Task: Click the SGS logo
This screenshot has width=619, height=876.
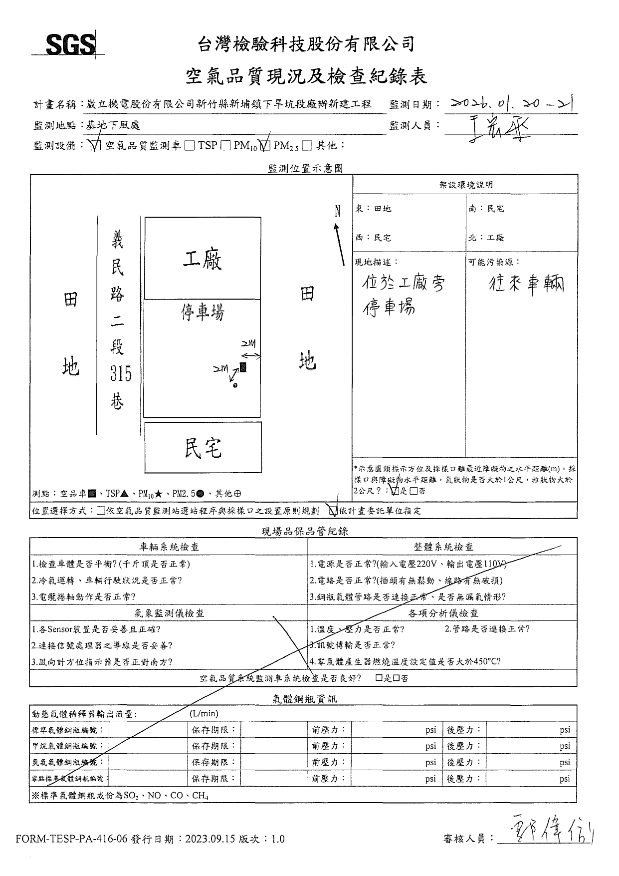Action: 70,45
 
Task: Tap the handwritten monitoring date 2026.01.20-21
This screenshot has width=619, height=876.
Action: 511,104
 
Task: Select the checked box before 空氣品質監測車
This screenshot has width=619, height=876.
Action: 95,146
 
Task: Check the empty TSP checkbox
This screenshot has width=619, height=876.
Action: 190,146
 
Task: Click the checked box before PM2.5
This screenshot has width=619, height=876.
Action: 265,146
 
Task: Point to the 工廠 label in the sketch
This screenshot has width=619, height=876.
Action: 202,259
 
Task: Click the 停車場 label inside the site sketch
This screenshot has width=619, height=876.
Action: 202,313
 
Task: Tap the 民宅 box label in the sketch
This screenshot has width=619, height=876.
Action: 203,448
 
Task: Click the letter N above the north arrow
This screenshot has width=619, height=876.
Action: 337,211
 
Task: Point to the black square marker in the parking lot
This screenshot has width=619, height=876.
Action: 243,367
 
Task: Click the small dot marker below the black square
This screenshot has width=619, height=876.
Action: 235,385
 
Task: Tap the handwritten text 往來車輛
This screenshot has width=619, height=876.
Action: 526,285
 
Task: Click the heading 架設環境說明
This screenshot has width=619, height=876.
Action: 465,185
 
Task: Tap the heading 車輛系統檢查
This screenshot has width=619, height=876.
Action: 169,547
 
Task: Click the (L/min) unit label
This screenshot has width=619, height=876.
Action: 204,714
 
